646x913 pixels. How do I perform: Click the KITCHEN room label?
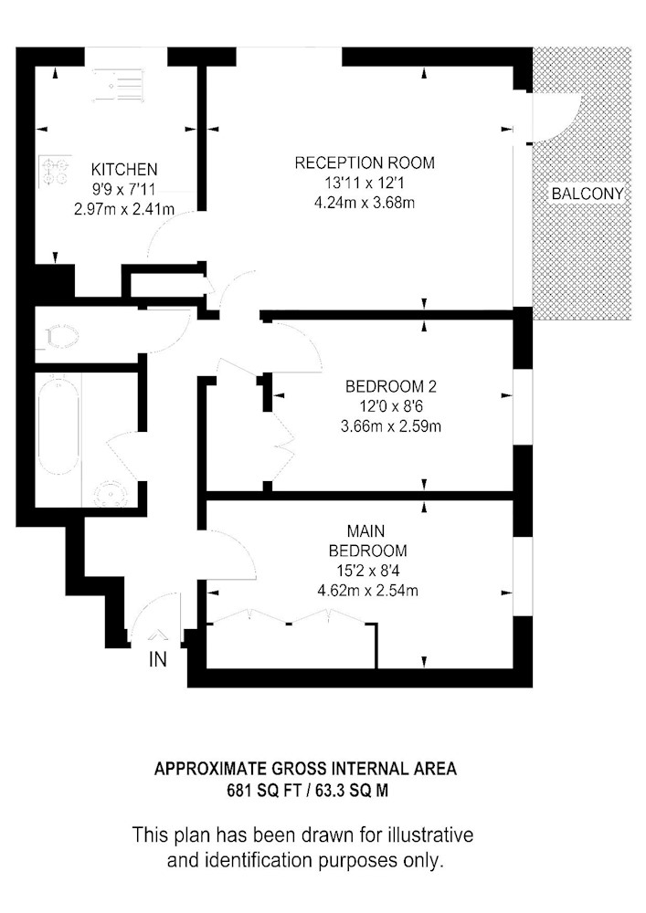(x=124, y=170)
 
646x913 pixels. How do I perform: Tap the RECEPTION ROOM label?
(x=365, y=163)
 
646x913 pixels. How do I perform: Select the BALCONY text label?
(x=587, y=194)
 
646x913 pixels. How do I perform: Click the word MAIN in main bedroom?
(x=365, y=530)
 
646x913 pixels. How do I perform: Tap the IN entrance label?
(x=158, y=660)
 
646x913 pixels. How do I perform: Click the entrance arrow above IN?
(x=158, y=636)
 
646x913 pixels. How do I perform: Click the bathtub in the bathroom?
(x=60, y=423)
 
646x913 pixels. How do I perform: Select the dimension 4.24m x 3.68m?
(x=365, y=203)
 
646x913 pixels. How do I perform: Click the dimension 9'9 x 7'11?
(x=124, y=190)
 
